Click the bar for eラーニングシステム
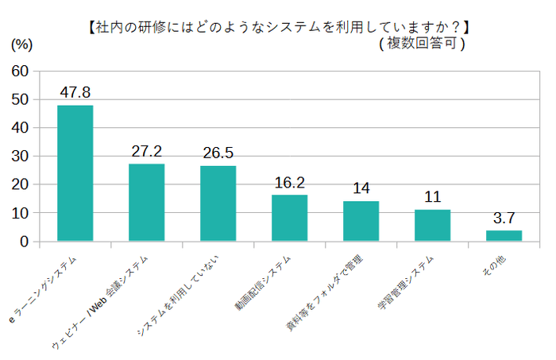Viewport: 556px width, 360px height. coord(75,173)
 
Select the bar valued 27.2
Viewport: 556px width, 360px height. coord(146,203)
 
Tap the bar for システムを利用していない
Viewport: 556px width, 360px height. coord(218,203)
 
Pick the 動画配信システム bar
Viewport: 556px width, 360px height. coord(289,218)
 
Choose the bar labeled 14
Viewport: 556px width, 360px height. coord(361,221)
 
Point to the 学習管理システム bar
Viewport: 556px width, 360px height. coord(432,226)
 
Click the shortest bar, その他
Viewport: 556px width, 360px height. coord(504,236)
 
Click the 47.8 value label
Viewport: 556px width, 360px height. coord(75,93)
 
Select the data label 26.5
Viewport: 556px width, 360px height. coord(218,153)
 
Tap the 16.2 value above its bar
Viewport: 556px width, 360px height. coord(289,183)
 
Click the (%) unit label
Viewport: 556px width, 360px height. coord(20,45)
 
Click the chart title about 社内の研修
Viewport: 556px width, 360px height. coord(278,27)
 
